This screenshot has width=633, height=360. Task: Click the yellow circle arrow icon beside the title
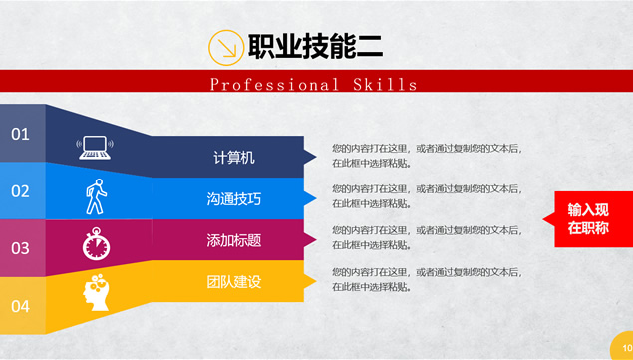[x=226, y=48]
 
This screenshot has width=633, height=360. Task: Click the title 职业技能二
[x=315, y=47]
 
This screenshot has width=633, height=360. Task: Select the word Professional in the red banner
[x=274, y=85]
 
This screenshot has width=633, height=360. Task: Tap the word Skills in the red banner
[x=385, y=85]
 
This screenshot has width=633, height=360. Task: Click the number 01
[x=20, y=134]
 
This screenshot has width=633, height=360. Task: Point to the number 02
[x=20, y=191]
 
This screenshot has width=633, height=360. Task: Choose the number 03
[x=20, y=248]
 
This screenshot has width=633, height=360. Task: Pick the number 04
[x=20, y=306]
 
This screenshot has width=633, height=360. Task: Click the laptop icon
[x=95, y=147]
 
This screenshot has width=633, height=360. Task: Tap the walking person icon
[x=96, y=196]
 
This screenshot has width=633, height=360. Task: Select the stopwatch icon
[x=96, y=244]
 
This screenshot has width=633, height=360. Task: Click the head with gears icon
[x=96, y=292]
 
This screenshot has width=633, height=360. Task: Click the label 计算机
[x=234, y=158]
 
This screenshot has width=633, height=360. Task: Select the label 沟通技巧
[x=234, y=198]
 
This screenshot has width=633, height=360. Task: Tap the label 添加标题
[x=234, y=240]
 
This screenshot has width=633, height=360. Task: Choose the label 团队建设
[x=234, y=282]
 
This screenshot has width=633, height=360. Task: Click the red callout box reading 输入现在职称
[x=588, y=219]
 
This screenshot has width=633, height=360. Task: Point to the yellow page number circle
[x=623, y=347]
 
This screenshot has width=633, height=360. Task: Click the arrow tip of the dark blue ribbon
[x=316, y=157]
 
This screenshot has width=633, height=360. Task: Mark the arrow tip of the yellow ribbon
[x=316, y=281]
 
